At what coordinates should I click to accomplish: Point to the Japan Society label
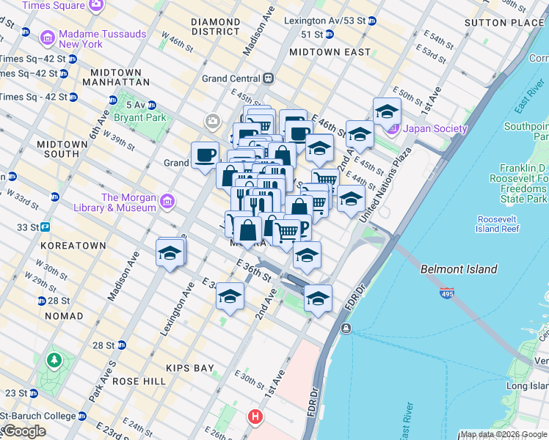coord(435,129)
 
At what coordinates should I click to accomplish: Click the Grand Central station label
coord(232,78)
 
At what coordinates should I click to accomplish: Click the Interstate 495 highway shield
coord(446,293)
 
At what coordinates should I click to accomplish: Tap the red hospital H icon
coord(255,417)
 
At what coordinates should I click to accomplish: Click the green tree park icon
coord(53,360)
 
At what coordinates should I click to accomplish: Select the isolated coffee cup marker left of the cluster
coord(205,155)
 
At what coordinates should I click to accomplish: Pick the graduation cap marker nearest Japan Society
coord(387,111)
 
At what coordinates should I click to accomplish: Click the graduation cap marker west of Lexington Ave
coord(170,253)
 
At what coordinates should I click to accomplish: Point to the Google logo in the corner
coord(23,431)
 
